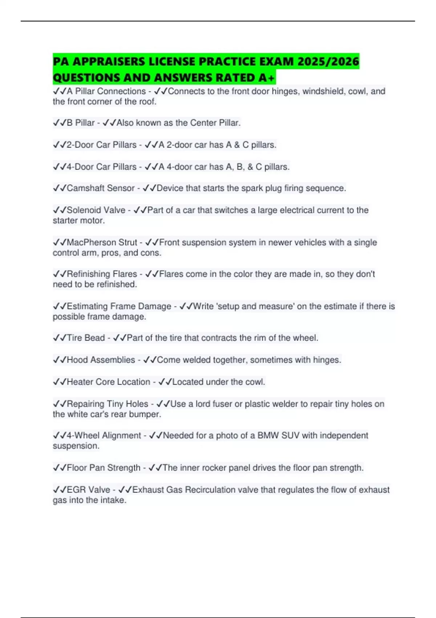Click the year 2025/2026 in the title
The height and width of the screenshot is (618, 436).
328,61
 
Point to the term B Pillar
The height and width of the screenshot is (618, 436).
81,123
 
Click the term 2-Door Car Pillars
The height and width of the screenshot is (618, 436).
101,145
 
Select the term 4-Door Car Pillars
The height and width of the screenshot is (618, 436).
101,167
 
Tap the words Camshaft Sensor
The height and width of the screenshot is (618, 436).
101,188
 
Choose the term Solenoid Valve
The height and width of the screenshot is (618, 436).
96,210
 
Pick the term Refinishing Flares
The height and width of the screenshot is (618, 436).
102,274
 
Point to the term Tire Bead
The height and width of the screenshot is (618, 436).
86,338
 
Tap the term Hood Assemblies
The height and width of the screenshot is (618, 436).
101,360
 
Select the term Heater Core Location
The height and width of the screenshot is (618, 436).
108,382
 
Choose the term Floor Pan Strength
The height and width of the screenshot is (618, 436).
104,468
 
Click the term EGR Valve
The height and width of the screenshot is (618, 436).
88,490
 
